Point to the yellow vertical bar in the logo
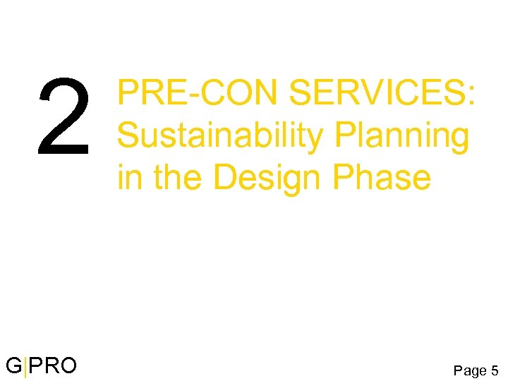pos(26,367)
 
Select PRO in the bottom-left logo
pos(53,365)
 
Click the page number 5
pos(494,369)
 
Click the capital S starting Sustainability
pos(128,136)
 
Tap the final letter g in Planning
pos(459,140)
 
